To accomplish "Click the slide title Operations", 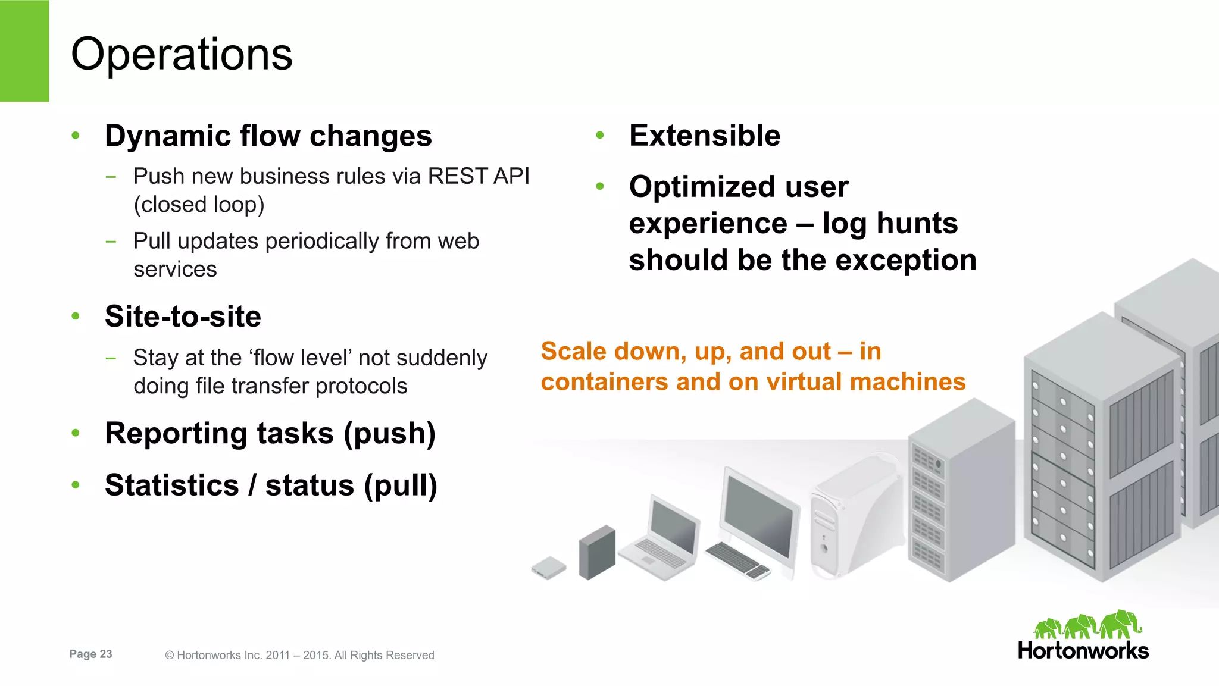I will coord(182,54).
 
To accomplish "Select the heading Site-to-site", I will coord(183,316).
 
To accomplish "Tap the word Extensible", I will coord(704,136).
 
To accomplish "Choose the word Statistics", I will coord(172,485).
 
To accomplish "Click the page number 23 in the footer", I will coord(105,654).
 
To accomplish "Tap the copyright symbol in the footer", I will coord(169,655).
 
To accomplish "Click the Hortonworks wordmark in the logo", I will coord(1083,650).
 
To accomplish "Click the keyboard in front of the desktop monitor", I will coord(737,559).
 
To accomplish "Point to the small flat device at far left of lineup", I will coord(548,567).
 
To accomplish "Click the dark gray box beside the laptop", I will coord(596,552).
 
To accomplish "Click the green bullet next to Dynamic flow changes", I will coord(76,136).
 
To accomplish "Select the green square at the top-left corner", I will coord(24,51).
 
